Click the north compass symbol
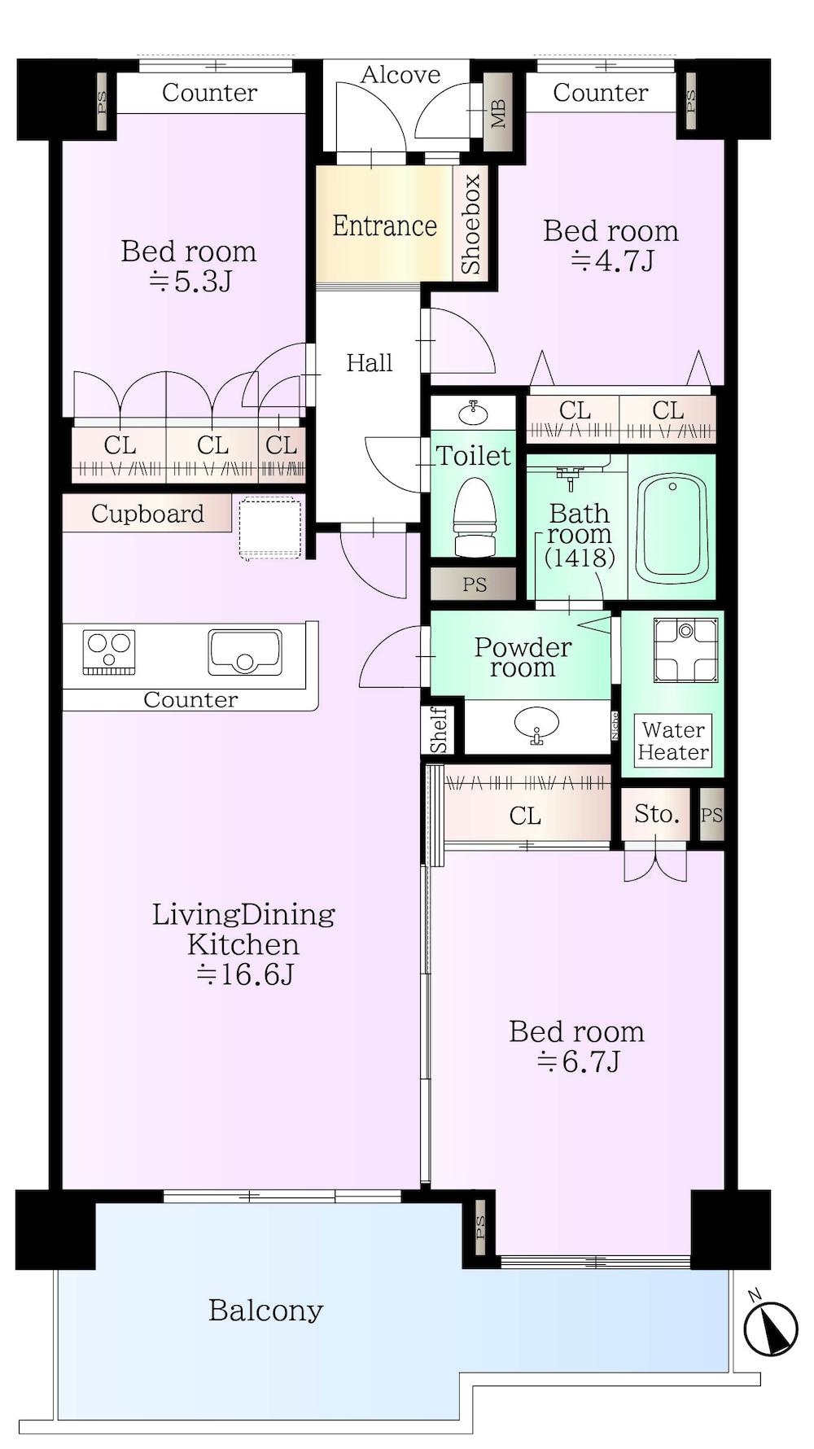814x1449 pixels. pyautogui.click(x=771, y=1328)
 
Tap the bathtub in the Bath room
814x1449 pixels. pyautogui.click(x=672, y=528)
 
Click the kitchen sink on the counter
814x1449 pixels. pyautogui.click(x=244, y=652)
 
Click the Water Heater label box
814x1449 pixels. pyautogui.click(x=673, y=741)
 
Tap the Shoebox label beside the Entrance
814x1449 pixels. pyautogui.click(x=470, y=224)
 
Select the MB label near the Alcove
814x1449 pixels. pyautogui.click(x=498, y=113)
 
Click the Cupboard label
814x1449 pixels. pyautogui.click(x=147, y=514)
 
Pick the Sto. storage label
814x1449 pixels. pyautogui.click(x=656, y=814)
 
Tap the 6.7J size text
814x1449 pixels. pyautogui.click(x=579, y=1062)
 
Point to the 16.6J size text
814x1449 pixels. pyautogui.click(x=244, y=974)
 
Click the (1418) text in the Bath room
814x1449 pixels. pyautogui.click(x=580, y=558)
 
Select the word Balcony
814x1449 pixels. pyautogui.click(x=266, y=1311)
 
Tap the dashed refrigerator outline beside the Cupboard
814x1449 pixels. pyautogui.click(x=270, y=528)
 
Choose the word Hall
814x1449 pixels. pyautogui.click(x=370, y=362)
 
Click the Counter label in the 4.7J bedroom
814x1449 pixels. pyautogui.click(x=601, y=93)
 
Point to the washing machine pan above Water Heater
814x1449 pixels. pyautogui.click(x=685, y=650)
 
